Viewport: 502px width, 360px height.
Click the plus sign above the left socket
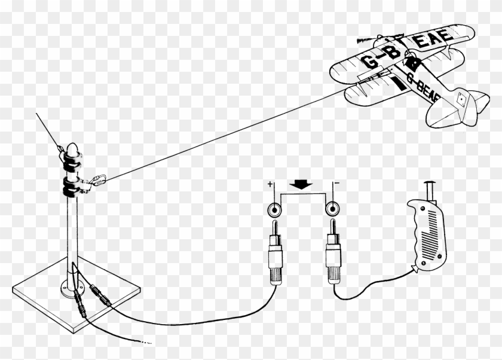pos(270,185)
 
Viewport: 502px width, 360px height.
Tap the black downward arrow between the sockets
pos(303,185)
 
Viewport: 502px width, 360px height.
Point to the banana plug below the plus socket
pos(276,251)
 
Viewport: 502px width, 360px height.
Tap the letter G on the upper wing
pos(368,60)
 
